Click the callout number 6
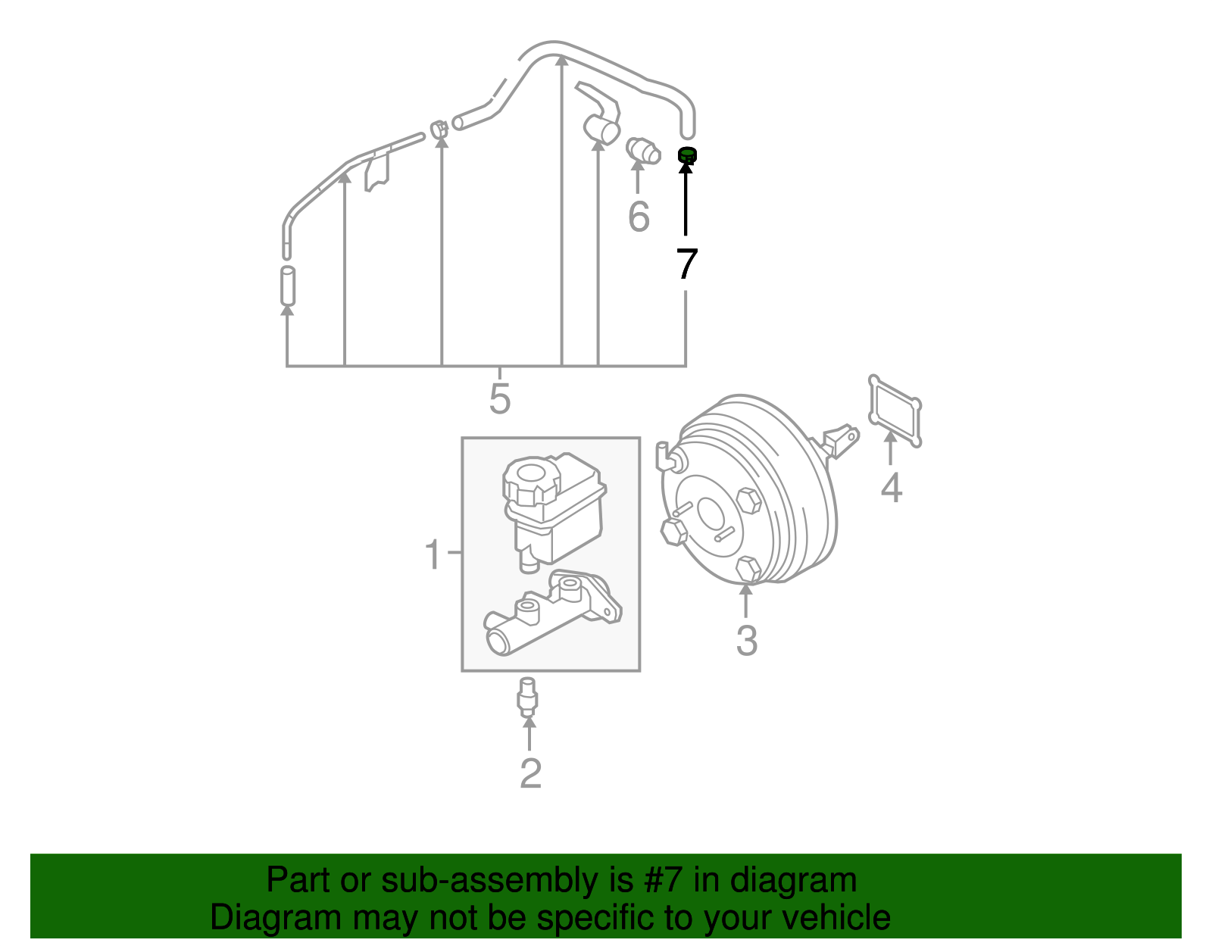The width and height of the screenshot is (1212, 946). point(639,216)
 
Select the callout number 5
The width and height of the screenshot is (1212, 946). point(500,398)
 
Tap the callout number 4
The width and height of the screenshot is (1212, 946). point(892,487)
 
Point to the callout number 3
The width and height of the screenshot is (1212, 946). point(747,641)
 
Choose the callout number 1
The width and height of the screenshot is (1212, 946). point(433,554)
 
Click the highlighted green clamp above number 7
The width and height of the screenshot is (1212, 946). point(686,155)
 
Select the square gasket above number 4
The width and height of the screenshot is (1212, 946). point(895,411)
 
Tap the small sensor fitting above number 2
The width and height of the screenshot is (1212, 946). point(528,698)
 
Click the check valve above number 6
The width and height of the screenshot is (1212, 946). point(643,151)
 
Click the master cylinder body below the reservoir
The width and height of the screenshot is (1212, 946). point(552,613)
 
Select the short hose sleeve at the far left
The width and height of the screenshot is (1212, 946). point(287,286)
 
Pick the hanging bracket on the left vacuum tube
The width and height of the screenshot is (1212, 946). point(377,172)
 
